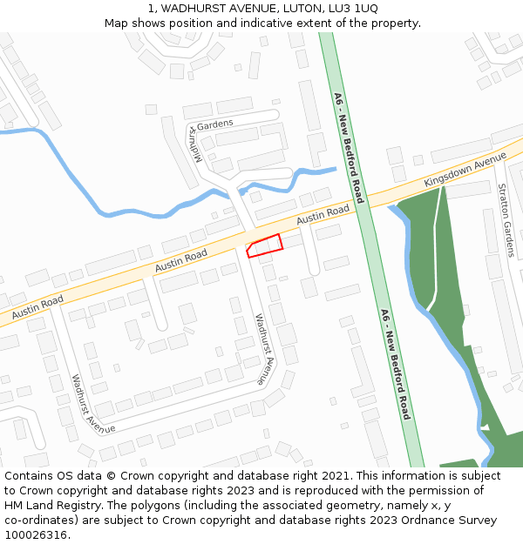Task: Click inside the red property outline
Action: pyautogui.click(x=265, y=245)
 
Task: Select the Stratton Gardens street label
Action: pyautogui.click(x=505, y=220)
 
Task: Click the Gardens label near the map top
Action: pyautogui.click(x=215, y=124)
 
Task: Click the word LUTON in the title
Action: pyautogui.click(x=296, y=8)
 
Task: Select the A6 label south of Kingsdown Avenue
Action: pyautogui.click(x=395, y=364)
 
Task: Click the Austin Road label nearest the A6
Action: pyautogui.click(x=323, y=215)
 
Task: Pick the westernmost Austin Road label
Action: pyautogui.click(x=38, y=306)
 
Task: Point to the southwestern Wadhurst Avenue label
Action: pyautogui.click(x=93, y=405)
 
